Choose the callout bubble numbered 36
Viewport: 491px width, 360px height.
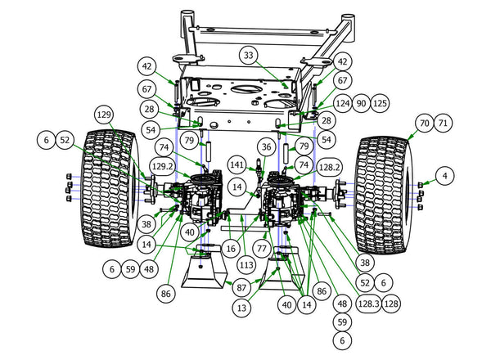pos(264,146)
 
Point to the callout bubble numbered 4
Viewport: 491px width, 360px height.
pos(444,175)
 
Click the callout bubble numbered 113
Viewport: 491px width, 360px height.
pos(245,264)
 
